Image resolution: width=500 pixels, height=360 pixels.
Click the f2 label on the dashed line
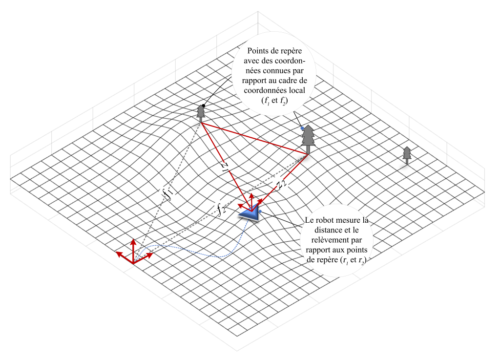point(221,209)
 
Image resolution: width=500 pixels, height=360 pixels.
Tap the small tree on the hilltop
point(200,113)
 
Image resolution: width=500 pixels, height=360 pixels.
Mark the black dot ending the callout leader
point(203,106)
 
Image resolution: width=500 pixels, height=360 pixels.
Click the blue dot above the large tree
point(302,128)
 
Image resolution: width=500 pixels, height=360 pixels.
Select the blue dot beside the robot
point(260,211)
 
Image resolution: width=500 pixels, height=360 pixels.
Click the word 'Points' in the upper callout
point(259,50)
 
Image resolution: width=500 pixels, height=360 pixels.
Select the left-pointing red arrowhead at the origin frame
point(119,254)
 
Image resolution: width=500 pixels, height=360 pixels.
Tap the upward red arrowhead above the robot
point(252,195)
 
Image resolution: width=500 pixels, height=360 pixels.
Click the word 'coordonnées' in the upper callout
point(260,90)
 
